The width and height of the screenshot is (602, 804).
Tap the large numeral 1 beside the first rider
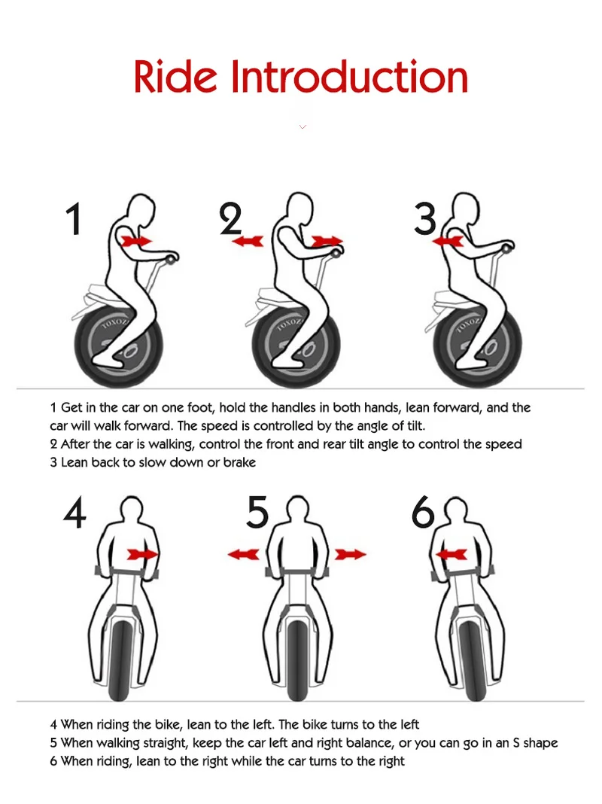(x=74, y=219)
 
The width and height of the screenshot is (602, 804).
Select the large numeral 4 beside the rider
(x=74, y=513)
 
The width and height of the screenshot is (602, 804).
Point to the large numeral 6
(x=423, y=513)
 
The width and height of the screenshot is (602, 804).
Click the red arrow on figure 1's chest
(x=137, y=240)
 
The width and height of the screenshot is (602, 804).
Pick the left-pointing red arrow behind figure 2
(x=248, y=240)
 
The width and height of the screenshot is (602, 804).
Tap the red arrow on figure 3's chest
(x=448, y=240)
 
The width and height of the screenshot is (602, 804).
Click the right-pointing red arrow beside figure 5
(x=351, y=554)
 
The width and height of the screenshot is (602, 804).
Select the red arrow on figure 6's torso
(x=451, y=554)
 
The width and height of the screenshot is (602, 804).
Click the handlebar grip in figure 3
(x=508, y=248)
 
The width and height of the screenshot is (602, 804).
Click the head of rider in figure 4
(x=132, y=510)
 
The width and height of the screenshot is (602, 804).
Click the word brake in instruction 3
(x=239, y=462)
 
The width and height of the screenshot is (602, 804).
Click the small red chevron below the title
(x=303, y=126)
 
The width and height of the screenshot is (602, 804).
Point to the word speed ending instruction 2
(x=503, y=445)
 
